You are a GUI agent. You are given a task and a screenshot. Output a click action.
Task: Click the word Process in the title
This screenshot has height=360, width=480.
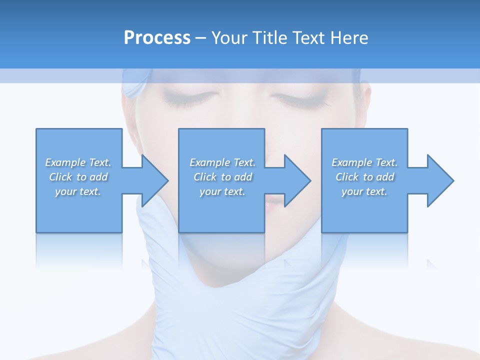(157, 38)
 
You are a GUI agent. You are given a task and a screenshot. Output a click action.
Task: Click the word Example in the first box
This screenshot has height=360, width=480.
(65, 162)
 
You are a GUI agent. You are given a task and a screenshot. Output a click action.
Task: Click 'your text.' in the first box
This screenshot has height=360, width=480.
(78, 191)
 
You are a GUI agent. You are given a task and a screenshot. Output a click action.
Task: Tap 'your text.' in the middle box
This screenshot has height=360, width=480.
(222, 191)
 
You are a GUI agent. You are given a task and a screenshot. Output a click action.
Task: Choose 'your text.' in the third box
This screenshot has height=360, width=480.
(364, 191)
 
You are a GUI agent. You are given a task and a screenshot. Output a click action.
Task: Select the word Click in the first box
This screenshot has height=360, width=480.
(60, 177)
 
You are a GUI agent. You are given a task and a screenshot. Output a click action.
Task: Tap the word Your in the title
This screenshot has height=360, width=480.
(228, 38)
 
